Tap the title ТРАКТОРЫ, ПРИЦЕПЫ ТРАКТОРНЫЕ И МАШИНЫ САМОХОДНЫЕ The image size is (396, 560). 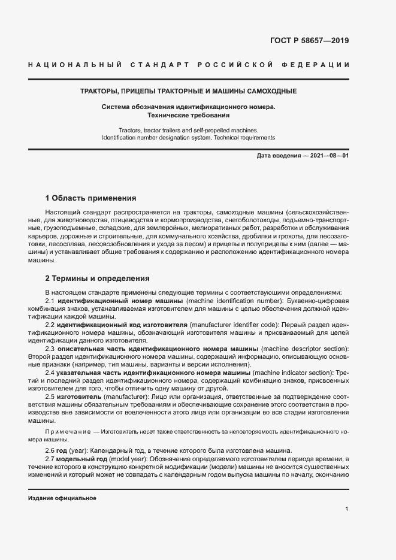(x=189, y=92)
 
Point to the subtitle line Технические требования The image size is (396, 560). (x=189, y=114)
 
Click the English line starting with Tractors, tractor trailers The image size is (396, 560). (x=189, y=129)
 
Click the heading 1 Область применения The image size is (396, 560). (x=91, y=198)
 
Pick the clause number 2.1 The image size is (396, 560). (x=50, y=299)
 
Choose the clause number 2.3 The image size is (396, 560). (x=50, y=349)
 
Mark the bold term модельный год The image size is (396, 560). (x=81, y=459)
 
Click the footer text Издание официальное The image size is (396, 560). (x=62, y=498)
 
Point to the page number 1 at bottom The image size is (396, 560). (x=347, y=509)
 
